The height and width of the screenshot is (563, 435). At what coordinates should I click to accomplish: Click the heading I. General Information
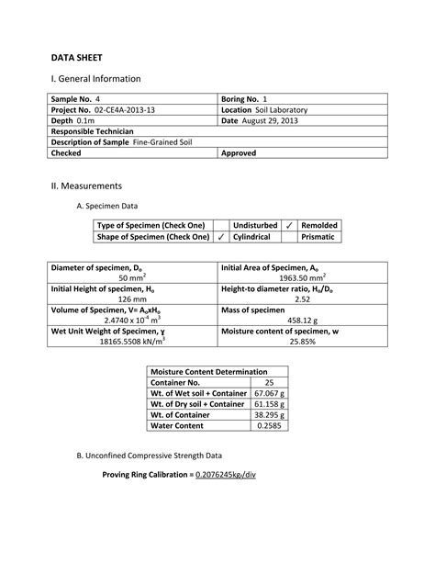pyautogui.click(x=95, y=79)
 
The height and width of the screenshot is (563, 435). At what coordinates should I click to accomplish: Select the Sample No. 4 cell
pyautogui.click(x=76, y=98)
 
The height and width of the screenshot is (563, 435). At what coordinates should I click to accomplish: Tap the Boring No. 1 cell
pyautogui.click(x=243, y=98)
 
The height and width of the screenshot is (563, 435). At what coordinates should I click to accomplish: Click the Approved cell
pyautogui.click(x=239, y=153)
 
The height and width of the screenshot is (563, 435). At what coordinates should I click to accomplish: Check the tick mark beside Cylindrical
pyautogui.click(x=220, y=237)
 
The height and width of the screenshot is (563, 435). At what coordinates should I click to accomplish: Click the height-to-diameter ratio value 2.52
pyautogui.click(x=302, y=298)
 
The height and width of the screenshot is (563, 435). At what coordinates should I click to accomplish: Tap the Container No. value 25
pyautogui.click(x=269, y=382)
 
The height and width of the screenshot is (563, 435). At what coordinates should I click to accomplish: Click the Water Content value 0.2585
pyautogui.click(x=269, y=426)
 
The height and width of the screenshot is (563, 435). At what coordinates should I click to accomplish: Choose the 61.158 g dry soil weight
pyautogui.click(x=269, y=404)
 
